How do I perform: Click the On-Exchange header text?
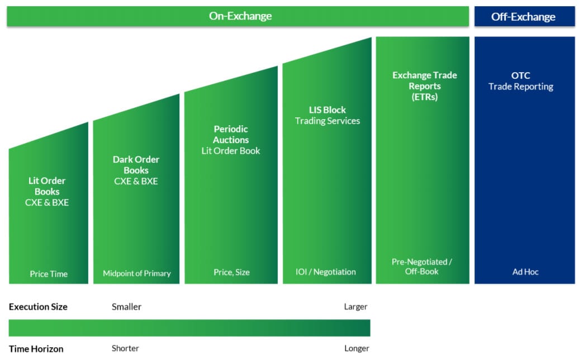click(x=240, y=16)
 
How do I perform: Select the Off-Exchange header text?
click(x=523, y=17)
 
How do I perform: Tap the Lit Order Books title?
click(x=47, y=186)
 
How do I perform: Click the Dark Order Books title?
click(x=136, y=165)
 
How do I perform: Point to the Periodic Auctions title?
click(x=231, y=134)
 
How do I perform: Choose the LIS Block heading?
click(x=328, y=110)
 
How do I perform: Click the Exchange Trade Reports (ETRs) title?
click(x=425, y=86)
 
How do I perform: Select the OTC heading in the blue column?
click(x=521, y=75)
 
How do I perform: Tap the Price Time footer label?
click(x=49, y=274)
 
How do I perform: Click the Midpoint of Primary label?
click(x=137, y=273)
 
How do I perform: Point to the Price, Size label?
click(x=231, y=272)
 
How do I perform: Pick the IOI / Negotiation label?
click(x=326, y=272)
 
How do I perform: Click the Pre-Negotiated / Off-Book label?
click(x=422, y=267)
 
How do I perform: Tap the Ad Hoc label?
click(x=525, y=272)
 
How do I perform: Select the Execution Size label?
click(x=38, y=307)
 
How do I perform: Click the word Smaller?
click(x=127, y=307)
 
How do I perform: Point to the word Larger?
click(x=355, y=307)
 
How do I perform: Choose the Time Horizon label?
click(x=36, y=349)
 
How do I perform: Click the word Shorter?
click(x=125, y=349)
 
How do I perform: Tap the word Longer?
click(x=357, y=349)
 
